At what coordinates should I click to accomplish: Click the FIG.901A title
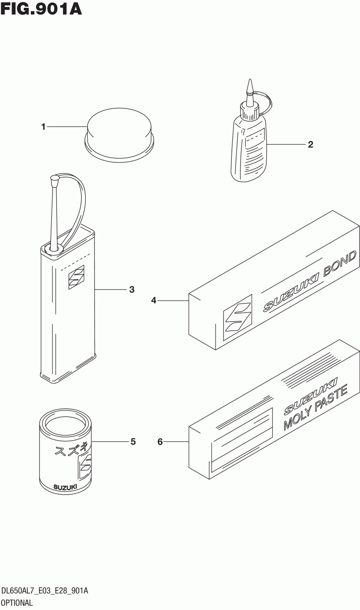(x=41, y=9)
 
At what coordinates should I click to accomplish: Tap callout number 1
(x=43, y=127)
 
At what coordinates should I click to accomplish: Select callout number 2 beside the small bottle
(x=310, y=144)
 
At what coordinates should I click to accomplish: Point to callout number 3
(x=132, y=289)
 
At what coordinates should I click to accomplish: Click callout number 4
(x=154, y=300)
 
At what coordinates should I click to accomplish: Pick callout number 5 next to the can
(x=133, y=442)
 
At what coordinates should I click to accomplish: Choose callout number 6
(x=160, y=442)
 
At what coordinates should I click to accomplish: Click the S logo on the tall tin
(x=76, y=277)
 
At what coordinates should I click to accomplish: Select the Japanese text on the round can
(x=71, y=450)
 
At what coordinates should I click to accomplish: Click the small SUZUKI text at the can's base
(x=65, y=487)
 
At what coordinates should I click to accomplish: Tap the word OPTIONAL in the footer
(x=17, y=603)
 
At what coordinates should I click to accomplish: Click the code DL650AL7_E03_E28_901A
(x=45, y=591)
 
